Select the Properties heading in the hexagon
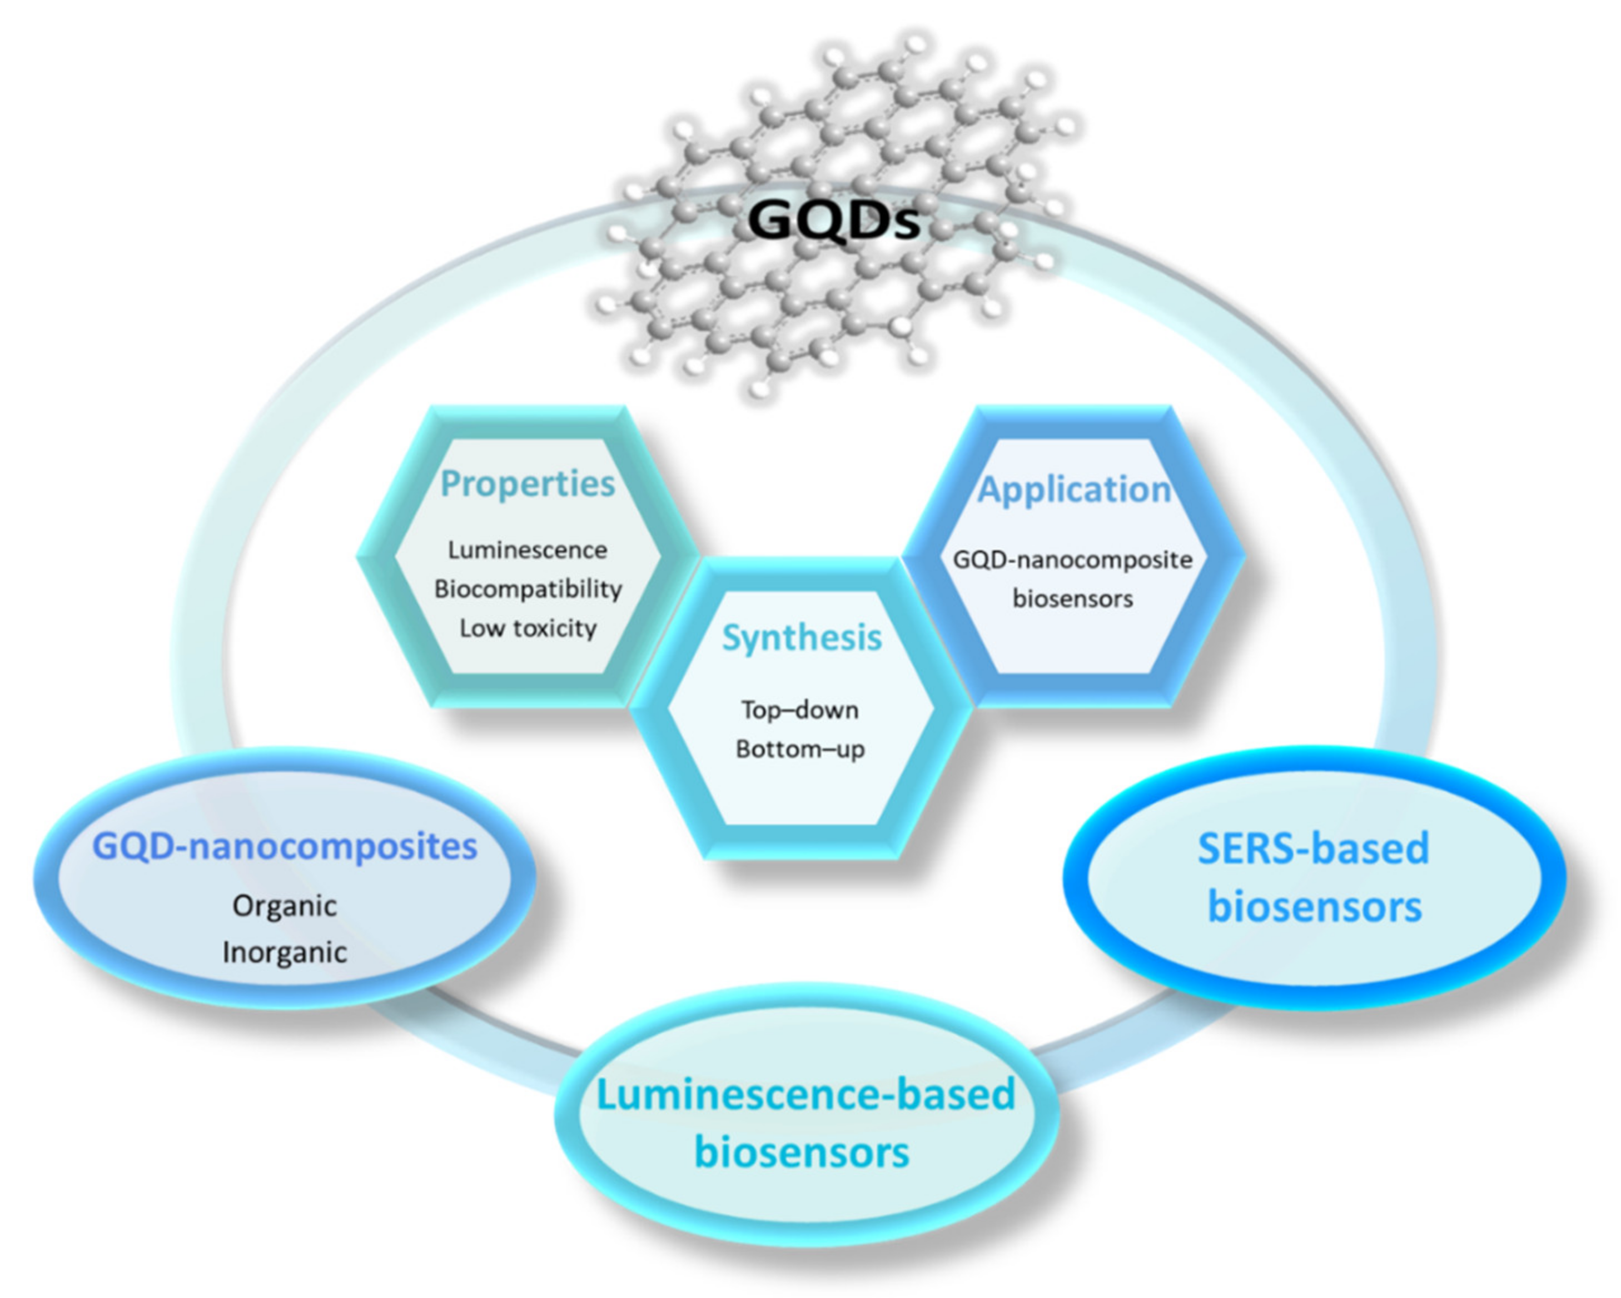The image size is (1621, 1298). coord(527,483)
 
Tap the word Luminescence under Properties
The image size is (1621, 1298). coord(527,550)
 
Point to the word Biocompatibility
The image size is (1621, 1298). coord(528,589)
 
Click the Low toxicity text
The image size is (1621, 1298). coord(528,628)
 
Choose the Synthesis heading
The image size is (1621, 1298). coord(802,638)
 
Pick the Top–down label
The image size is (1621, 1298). coord(800,710)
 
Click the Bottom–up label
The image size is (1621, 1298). coord(800,750)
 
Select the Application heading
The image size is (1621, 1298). coord(1073,490)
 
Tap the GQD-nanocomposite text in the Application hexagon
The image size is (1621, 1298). coord(1073,560)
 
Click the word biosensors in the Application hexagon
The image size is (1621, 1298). coord(1073,599)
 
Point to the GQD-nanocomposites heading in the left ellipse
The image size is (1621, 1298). coord(284,846)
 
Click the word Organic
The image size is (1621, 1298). coord(284,906)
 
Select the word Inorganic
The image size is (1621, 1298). coord(284,952)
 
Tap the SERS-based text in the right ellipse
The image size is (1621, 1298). coord(1312,848)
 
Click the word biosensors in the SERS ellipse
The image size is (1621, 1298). coord(1314,907)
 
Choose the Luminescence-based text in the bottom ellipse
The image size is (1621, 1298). coord(805,1094)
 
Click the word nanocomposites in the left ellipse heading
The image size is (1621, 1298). coord(332,846)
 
